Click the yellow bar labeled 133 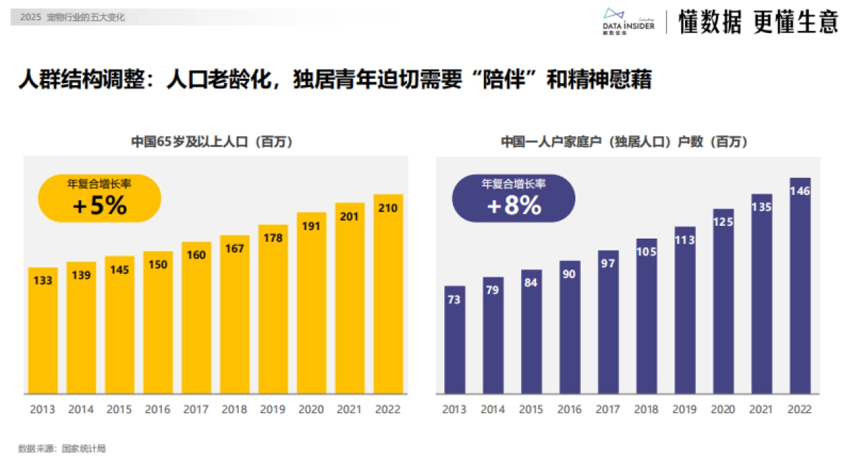[43, 331]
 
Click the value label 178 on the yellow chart [273, 238]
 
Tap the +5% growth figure [99, 206]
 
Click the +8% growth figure [514, 206]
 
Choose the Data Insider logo [629, 21]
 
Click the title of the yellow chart [212, 141]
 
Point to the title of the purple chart [624, 141]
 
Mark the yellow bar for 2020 [311, 303]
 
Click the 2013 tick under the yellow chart [43, 410]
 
